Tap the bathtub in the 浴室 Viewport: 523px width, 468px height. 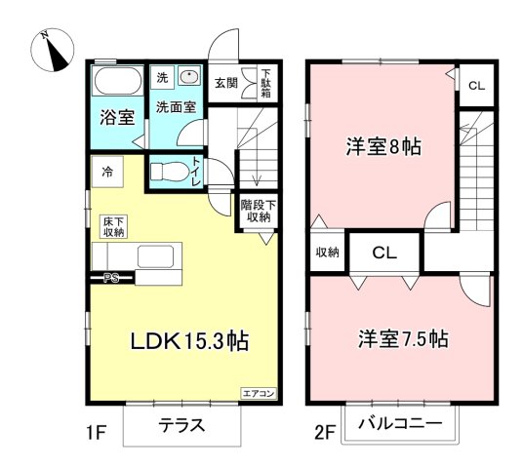(x=118, y=83)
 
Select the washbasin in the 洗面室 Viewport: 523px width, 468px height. (x=187, y=79)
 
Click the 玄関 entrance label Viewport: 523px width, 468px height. (x=225, y=83)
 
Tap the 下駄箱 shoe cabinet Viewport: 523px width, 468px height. (x=264, y=83)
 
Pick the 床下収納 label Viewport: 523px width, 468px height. (x=113, y=227)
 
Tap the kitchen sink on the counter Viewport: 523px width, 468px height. (x=157, y=256)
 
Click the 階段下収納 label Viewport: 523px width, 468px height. (x=259, y=212)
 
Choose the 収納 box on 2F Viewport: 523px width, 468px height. (x=326, y=253)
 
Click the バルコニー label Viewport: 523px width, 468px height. (x=399, y=424)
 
